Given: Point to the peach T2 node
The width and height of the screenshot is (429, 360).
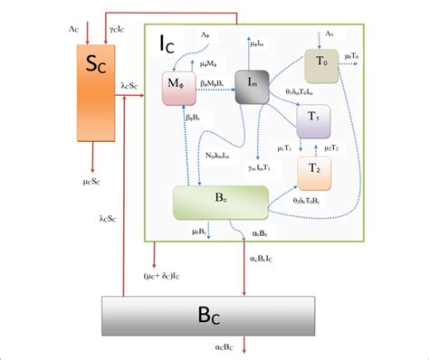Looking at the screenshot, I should click(x=315, y=167).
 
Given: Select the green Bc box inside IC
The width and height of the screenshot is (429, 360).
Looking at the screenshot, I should click(x=220, y=202).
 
